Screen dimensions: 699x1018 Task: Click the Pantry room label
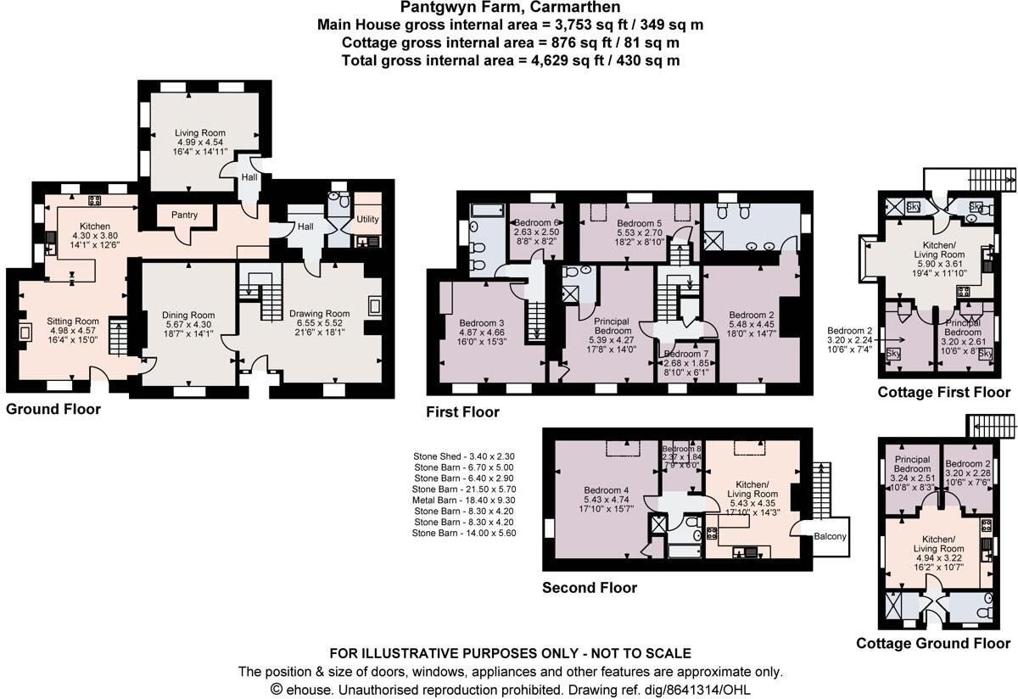tap(184, 215)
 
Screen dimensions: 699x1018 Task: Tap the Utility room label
tap(367, 219)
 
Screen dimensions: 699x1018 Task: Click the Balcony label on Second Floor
tap(829, 537)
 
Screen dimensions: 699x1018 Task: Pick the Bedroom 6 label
tap(536, 224)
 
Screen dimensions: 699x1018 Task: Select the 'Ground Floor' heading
tap(53, 409)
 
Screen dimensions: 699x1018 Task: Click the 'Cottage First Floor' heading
tap(943, 392)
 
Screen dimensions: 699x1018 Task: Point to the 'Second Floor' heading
tap(589, 587)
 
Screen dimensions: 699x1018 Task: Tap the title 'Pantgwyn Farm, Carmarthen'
tap(510, 8)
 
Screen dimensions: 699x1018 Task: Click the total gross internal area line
tap(510, 60)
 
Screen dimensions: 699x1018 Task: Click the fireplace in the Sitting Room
tap(26, 332)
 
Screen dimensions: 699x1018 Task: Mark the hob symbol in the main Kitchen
tap(95, 201)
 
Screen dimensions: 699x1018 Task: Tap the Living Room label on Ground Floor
tap(200, 133)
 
